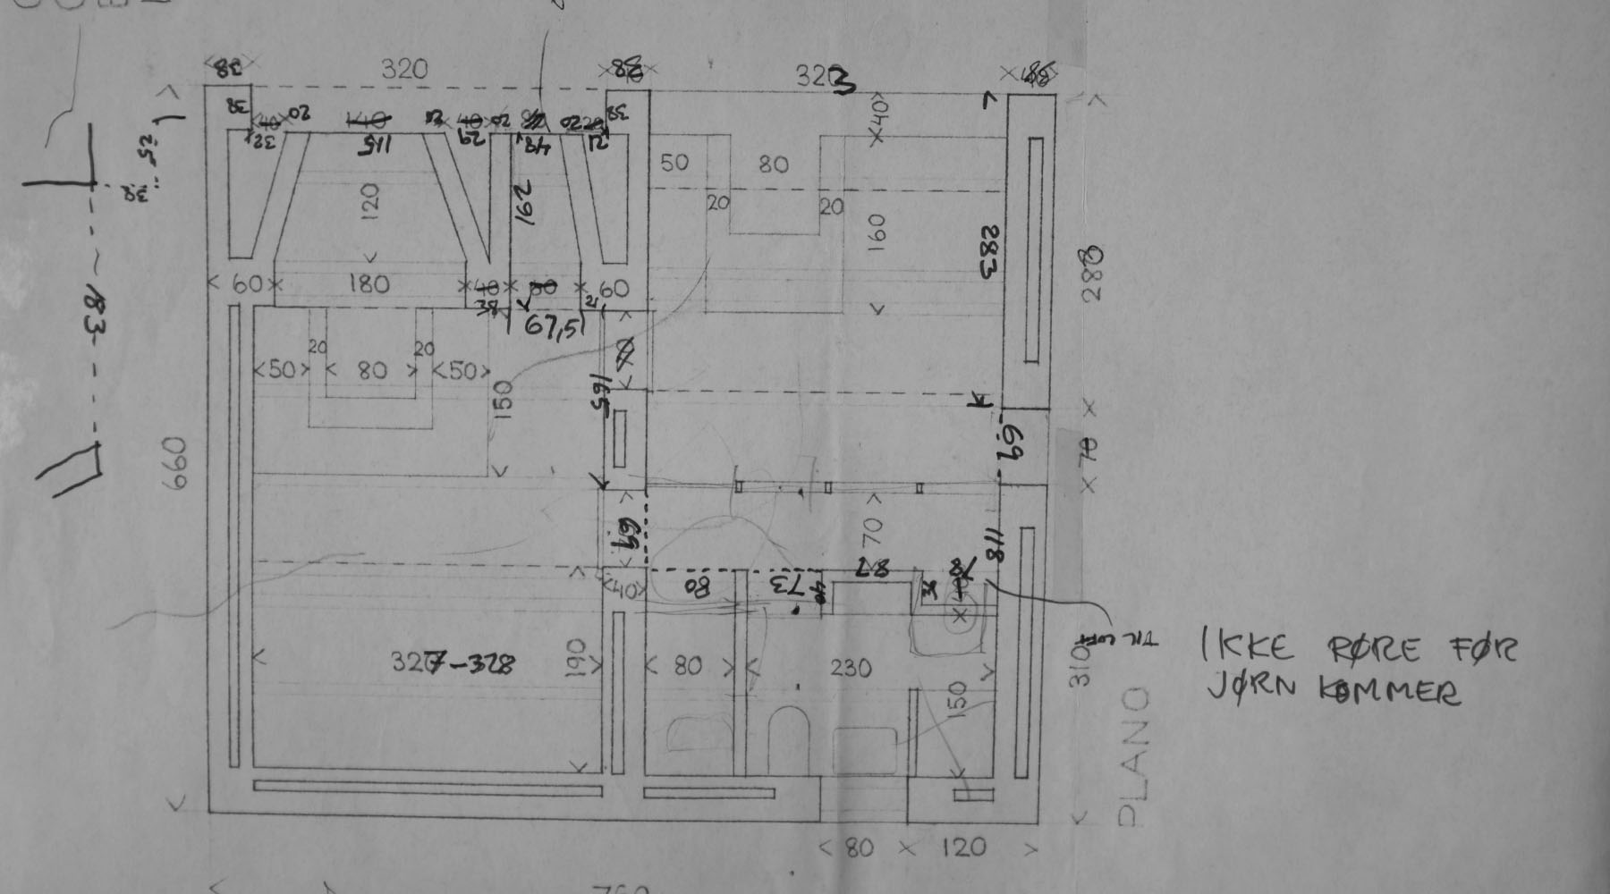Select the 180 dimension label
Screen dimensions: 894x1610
(x=368, y=284)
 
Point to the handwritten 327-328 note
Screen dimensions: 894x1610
(x=453, y=663)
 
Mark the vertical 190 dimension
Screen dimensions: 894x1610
(x=576, y=659)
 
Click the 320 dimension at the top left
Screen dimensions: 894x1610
(x=404, y=69)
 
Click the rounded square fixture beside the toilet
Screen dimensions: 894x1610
(x=865, y=749)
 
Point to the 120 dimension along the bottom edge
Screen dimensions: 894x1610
(x=962, y=847)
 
